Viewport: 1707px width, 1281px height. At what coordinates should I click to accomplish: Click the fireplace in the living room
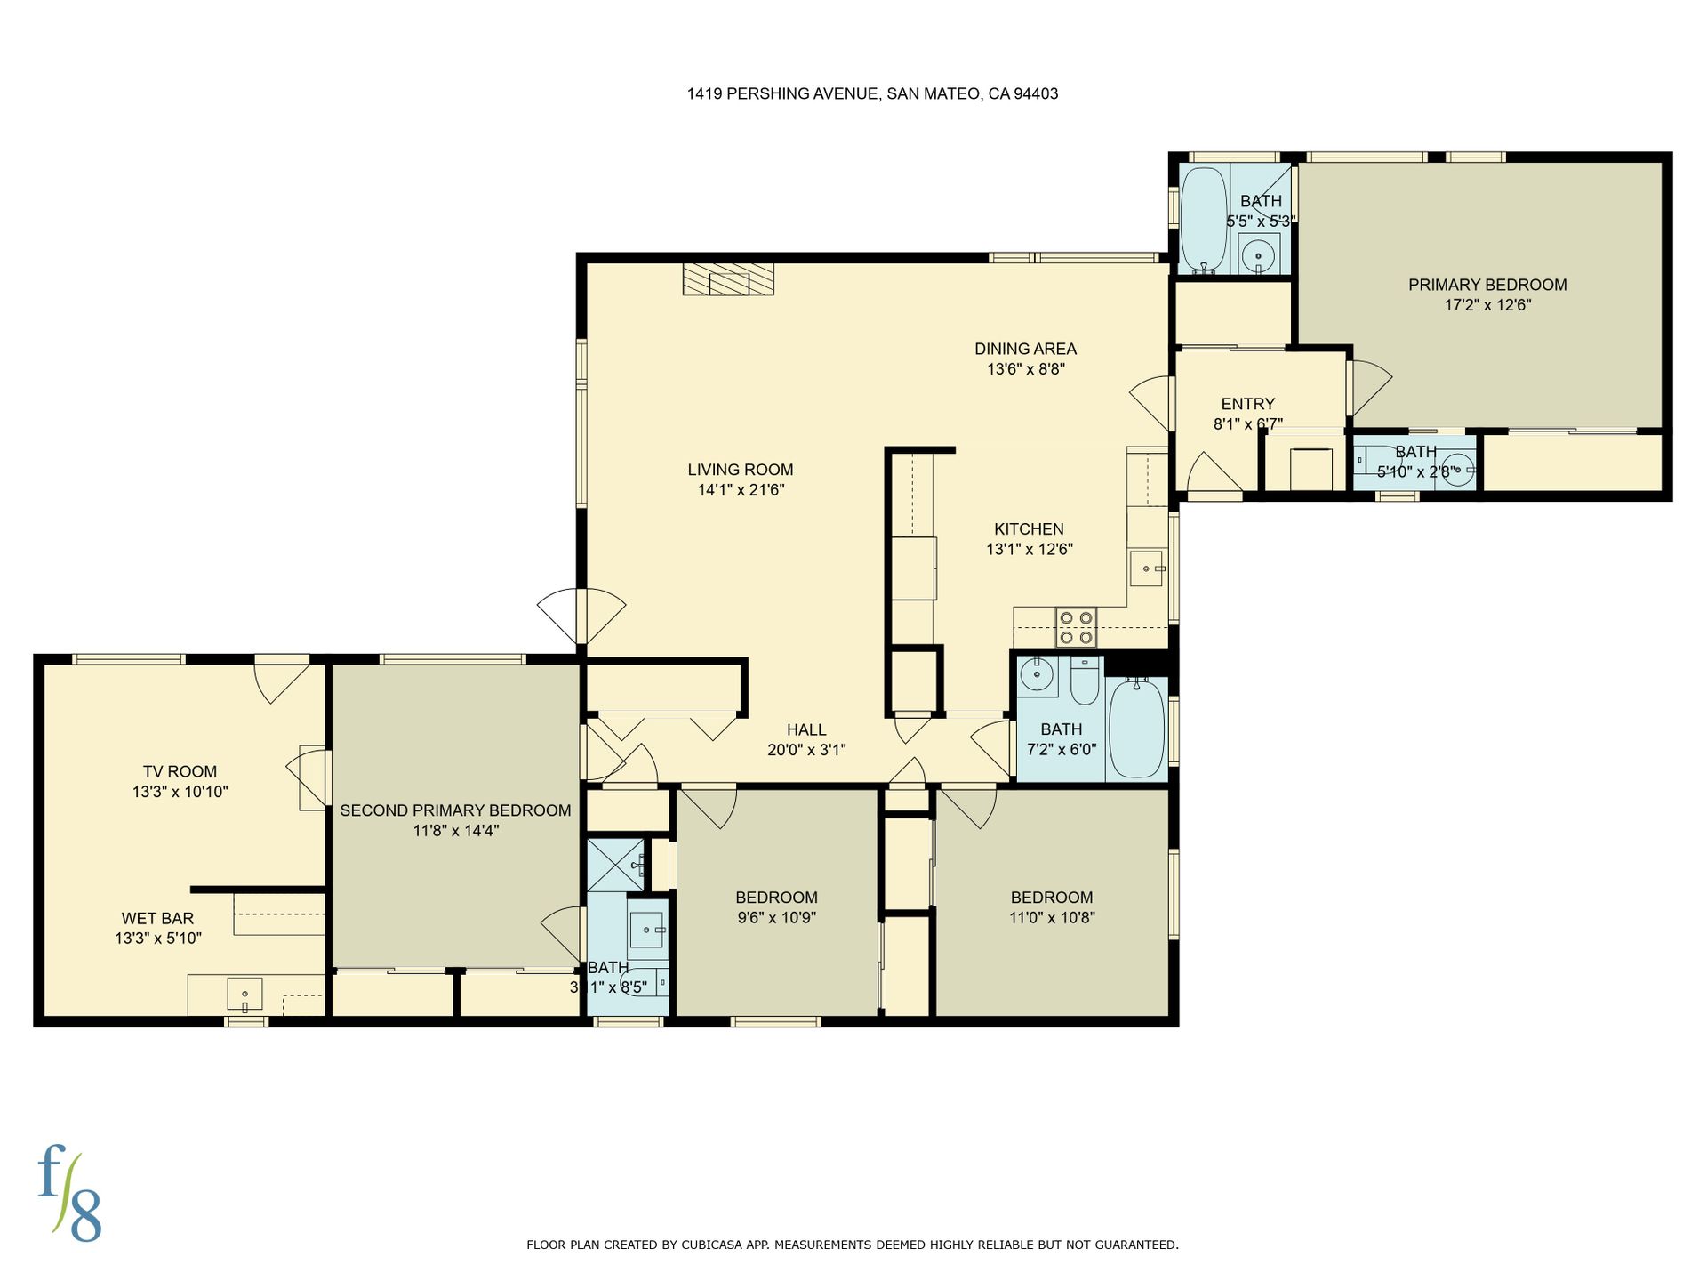(x=728, y=278)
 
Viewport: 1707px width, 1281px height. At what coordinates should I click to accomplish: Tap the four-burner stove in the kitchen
(x=1076, y=627)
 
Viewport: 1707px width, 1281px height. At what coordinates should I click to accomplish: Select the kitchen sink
(x=1147, y=568)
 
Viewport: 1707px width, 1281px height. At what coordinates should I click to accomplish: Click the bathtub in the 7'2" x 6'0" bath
(x=1137, y=728)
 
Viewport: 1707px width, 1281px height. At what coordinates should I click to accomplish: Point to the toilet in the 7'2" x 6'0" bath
(x=1085, y=681)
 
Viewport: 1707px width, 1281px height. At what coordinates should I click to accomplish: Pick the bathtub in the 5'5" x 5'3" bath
(x=1204, y=218)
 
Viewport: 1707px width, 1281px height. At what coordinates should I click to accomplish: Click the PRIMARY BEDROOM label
(x=1487, y=285)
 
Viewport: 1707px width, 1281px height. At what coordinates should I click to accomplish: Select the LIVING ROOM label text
(x=741, y=470)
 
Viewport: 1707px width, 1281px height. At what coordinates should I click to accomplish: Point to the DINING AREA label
(x=1025, y=349)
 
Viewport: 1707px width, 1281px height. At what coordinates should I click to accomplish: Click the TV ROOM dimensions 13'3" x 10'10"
(x=180, y=792)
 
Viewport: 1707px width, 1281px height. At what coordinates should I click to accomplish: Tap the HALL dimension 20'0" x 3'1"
(x=806, y=750)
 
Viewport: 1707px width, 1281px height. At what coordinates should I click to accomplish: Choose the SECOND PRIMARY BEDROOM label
(x=455, y=810)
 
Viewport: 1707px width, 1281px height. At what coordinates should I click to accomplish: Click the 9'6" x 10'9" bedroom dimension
(x=777, y=918)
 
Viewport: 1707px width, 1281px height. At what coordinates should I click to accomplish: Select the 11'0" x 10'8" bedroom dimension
(x=1052, y=918)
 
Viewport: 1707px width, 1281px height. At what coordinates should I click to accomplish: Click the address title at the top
(x=872, y=93)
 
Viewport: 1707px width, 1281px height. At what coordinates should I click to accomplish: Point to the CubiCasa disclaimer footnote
(x=853, y=1245)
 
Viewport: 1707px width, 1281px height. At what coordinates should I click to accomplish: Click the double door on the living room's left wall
(x=581, y=616)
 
